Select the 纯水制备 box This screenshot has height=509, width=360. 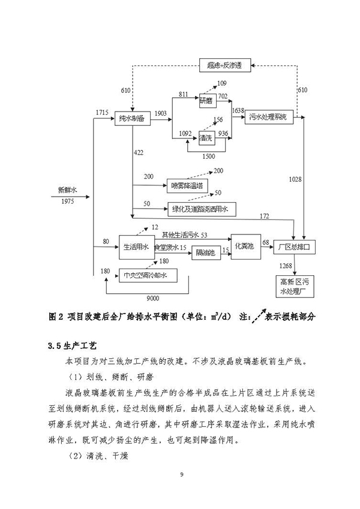pyautogui.click(x=131, y=118)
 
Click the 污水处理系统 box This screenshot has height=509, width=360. pyautogui.click(x=269, y=118)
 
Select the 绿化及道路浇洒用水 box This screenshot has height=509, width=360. pyautogui.click(x=202, y=210)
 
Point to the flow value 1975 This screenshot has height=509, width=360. pyautogui.click(x=68, y=201)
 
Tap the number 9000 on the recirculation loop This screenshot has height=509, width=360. pyautogui.click(x=158, y=298)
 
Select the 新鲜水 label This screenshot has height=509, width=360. pyautogui.click(x=68, y=190)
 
